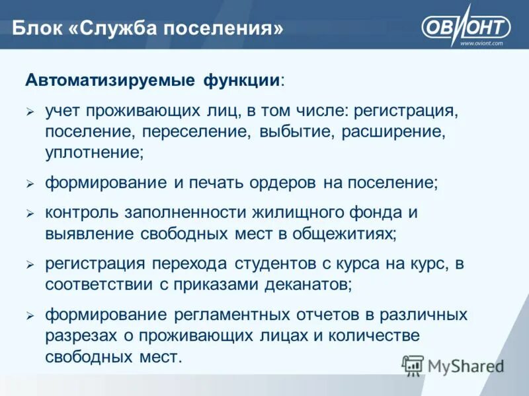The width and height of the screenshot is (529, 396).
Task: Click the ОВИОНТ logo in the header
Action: [x=466, y=26]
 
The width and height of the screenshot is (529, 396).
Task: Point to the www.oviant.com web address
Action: [x=481, y=43]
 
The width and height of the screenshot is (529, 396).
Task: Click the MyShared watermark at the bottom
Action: [x=453, y=365]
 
